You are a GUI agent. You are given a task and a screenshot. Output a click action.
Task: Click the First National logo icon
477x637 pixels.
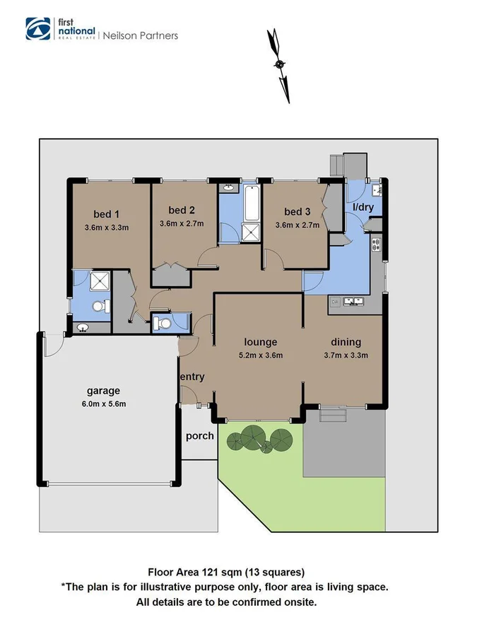point(38,28)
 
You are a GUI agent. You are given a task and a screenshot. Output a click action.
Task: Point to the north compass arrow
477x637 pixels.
point(281,64)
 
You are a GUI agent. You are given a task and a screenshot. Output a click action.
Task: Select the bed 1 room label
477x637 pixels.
point(107,214)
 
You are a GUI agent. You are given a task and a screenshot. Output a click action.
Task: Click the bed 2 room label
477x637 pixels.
point(182,210)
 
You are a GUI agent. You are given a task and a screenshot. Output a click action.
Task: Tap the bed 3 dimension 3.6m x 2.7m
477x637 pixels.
point(298,225)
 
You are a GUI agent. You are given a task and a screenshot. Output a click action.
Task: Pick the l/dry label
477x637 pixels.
point(363,207)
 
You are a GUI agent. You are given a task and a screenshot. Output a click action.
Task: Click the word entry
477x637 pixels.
point(192,377)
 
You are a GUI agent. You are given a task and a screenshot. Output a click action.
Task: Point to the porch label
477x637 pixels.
point(200,435)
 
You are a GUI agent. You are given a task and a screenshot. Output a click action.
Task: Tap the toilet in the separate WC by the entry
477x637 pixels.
point(163,323)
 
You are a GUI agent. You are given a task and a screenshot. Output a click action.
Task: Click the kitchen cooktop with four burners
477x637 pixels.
point(377,246)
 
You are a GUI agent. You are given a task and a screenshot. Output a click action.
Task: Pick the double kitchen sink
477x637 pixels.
point(351,303)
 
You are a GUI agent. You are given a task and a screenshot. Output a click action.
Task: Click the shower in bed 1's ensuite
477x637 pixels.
point(100,282)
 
